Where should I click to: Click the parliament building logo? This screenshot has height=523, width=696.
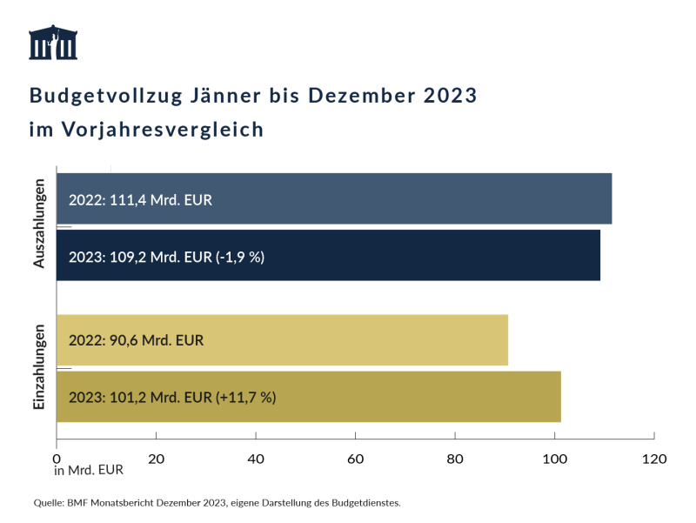tap(53, 44)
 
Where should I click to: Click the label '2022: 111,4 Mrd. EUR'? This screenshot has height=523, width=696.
tap(140, 199)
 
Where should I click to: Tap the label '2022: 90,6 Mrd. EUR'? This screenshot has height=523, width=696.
tap(136, 340)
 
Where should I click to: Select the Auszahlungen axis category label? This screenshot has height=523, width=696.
tap(39, 225)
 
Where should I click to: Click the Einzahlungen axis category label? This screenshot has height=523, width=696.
tap(39, 367)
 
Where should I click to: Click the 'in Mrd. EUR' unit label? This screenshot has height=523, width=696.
tap(89, 471)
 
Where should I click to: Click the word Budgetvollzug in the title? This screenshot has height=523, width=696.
tap(104, 96)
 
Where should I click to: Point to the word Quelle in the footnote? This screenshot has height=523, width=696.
tap(49, 503)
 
